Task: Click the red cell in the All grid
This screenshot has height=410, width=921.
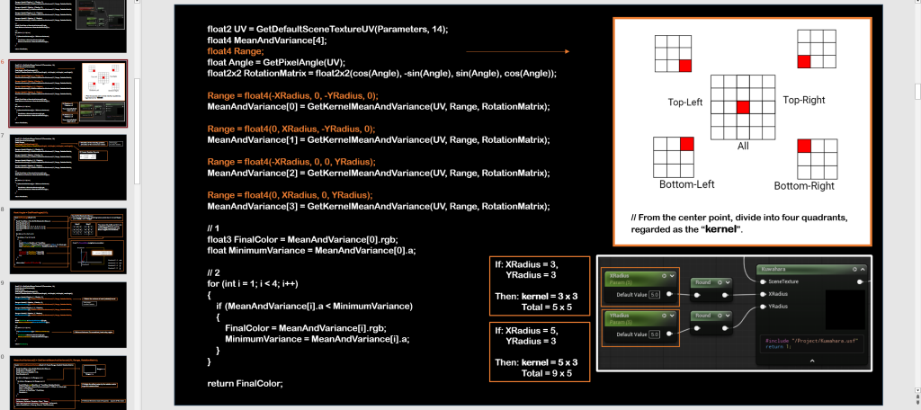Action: tap(742, 108)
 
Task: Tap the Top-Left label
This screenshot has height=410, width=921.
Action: tap(685, 102)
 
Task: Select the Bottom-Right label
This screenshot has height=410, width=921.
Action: tap(804, 186)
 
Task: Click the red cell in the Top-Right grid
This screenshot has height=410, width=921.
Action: tap(804, 61)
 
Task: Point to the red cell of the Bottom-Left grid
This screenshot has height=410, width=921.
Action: tap(687, 144)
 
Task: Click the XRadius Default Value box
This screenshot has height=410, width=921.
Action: tap(654, 294)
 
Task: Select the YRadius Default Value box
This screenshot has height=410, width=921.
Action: tap(654, 334)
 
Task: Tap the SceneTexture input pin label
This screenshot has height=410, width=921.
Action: tap(788, 281)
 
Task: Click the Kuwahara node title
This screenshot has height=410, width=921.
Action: tap(774, 268)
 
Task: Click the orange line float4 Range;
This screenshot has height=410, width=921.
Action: tap(237, 51)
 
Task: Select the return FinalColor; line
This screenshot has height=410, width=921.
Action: tap(245, 384)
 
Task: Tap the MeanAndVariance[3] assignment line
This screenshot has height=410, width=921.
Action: tap(378, 207)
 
